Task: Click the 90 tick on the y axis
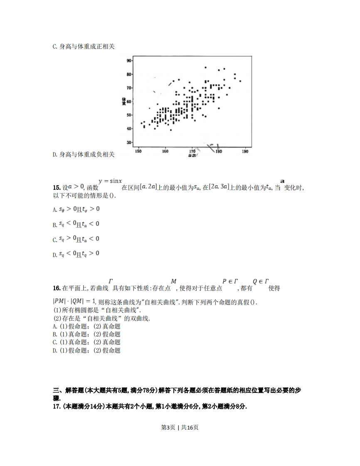coord(129,61)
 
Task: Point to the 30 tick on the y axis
coord(129,142)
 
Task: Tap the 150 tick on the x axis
coord(138,152)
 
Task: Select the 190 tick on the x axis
coord(245,152)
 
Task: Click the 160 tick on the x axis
coord(165,152)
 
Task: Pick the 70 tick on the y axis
coord(129,88)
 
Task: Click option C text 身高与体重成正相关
coord(83,47)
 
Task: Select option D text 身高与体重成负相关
coord(83,155)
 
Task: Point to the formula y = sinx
coord(110,181)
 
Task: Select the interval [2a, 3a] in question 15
coord(219,187)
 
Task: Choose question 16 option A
coord(86,326)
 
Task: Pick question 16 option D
coord(86,351)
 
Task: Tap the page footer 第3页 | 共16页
coord(180,427)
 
